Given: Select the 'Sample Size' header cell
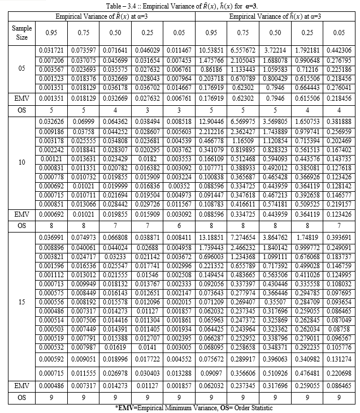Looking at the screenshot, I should (21, 32).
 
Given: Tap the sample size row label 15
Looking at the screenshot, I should (21, 301).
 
